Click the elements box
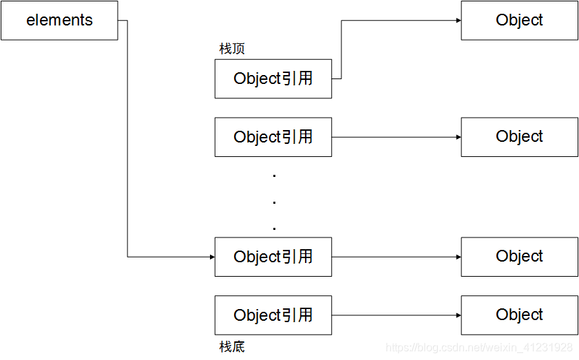tap(59, 21)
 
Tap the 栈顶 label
tap(231, 50)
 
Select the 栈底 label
tap(231, 346)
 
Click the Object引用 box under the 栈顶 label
tap(273, 78)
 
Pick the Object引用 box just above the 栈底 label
tap(273, 315)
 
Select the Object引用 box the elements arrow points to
tap(273, 257)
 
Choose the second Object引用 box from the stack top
tap(273, 137)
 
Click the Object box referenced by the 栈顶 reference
tap(519, 21)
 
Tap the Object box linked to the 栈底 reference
tap(519, 315)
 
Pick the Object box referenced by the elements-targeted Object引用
tap(519, 257)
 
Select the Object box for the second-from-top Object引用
tap(519, 137)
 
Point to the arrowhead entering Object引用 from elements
tap(211, 257)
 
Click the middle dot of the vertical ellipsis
tap(274, 202)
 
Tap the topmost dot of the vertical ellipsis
tap(274, 176)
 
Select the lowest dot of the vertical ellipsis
tap(274, 228)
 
